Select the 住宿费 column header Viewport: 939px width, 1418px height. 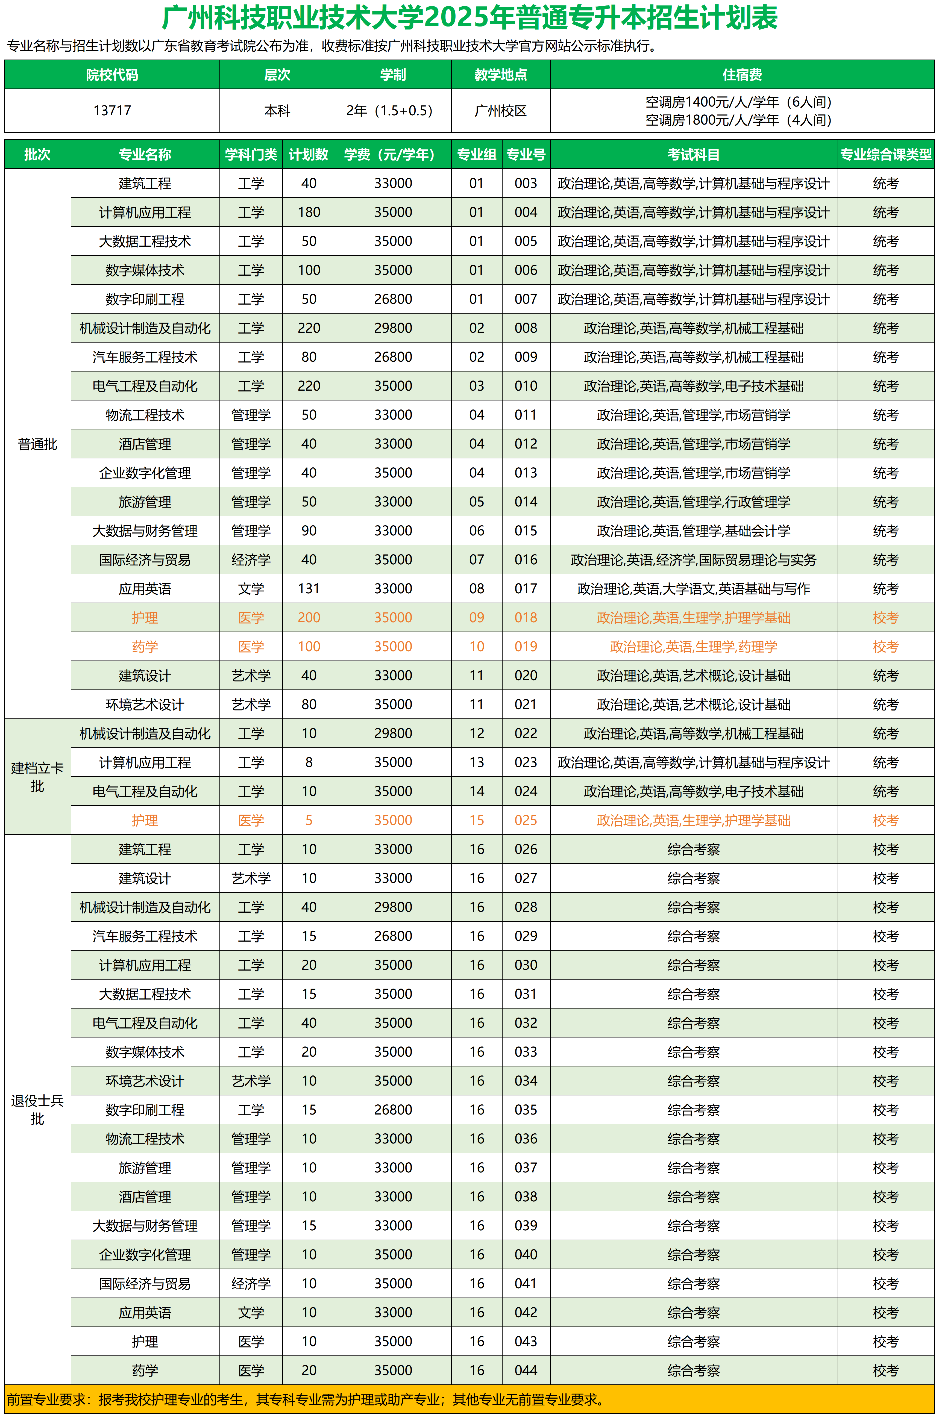(x=742, y=75)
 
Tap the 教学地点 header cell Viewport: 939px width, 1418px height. (x=501, y=75)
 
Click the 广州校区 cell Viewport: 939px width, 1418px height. (x=501, y=111)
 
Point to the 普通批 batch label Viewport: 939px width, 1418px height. (x=37, y=444)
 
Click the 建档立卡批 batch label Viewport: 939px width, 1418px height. (x=37, y=777)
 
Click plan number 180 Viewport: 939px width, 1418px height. (x=309, y=213)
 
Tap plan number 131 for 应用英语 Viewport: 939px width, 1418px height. (x=309, y=589)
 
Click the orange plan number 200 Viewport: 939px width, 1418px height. (x=309, y=618)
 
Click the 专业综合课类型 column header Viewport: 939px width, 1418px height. (x=886, y=154)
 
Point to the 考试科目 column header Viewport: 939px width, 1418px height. (x=694, y=154)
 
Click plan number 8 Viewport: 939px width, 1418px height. (x=309, y=763)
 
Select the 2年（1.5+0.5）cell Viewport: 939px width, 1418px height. (x=393, y=111)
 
